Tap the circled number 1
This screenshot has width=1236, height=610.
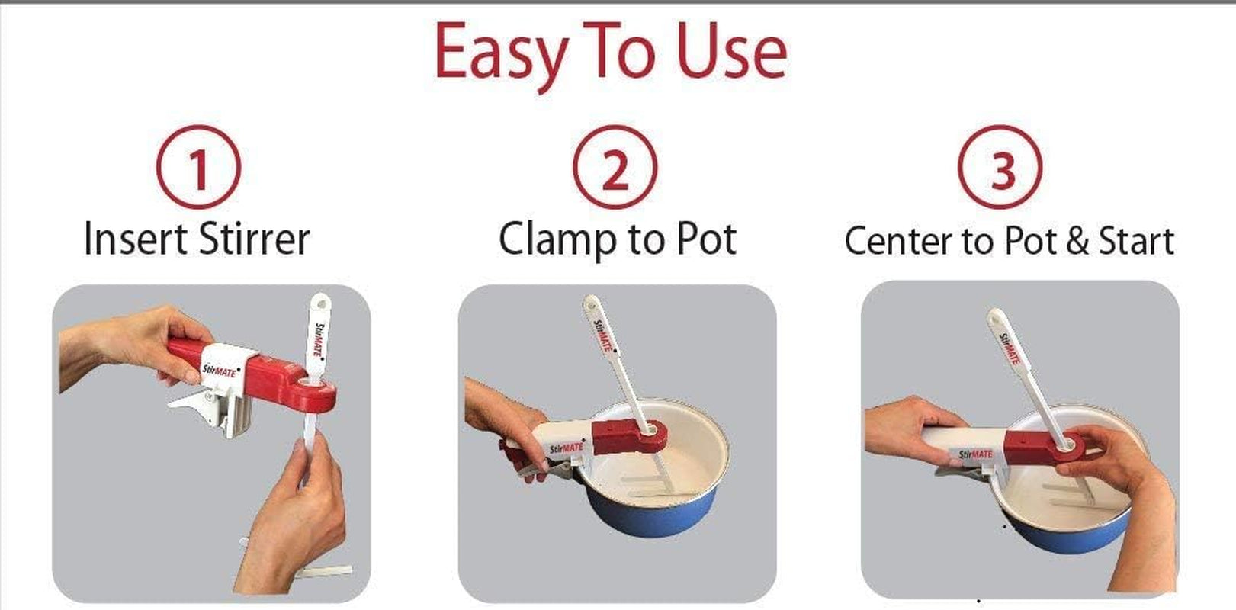click(198, 168)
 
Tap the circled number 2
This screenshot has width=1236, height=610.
click(615, 168)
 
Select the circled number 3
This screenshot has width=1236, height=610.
click(1000, 168)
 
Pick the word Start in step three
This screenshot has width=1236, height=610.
click(1135, 241)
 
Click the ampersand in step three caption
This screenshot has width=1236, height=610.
click(1077, 242)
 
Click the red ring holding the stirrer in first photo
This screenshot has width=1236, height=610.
click(313, 392)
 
